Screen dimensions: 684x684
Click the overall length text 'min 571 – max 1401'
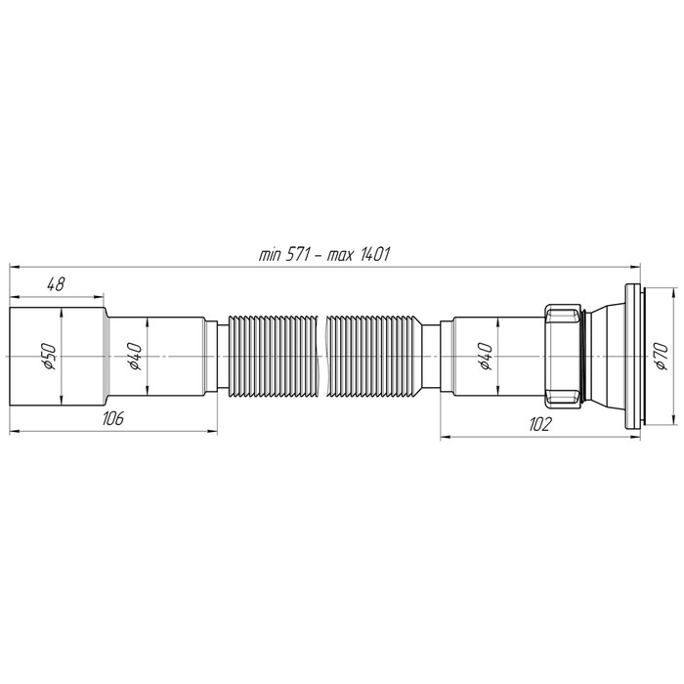click(x=325, y=255)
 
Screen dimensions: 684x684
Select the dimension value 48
click(x=56, y=284)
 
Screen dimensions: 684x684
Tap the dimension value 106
click(x=112, y=418)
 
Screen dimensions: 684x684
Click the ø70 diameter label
click(x=661, y=358)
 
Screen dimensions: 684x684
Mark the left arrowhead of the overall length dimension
click(x=15, y=265)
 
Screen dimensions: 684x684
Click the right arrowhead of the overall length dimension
click(x=636, y=265)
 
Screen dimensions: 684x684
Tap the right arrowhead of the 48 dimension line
click(x=100, y=295)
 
